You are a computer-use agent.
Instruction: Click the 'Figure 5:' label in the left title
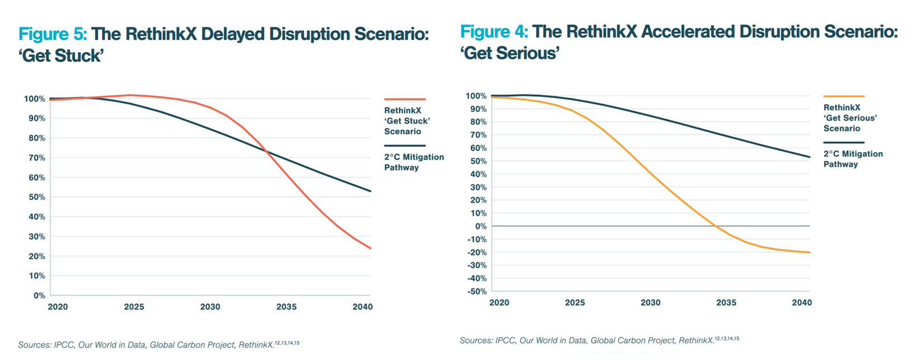tap(53, 34)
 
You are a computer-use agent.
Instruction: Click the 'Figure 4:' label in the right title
tap(494, 32)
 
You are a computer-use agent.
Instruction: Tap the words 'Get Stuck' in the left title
tap(62, 56)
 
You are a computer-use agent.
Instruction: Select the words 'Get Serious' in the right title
tap(510, 54)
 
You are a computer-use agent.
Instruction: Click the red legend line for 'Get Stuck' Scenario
tap(405, 99)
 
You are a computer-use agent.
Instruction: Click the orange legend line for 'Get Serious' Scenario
tap(843, 96)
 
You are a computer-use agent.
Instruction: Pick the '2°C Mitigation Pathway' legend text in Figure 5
tap(414, 162)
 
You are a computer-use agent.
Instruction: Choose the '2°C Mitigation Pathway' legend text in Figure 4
tap(852, 159)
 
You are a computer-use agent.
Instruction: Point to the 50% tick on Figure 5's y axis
tap(34, 197)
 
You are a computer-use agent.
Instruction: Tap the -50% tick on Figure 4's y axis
tap(477, 291)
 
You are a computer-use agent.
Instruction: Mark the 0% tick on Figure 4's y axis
tap(481, 226)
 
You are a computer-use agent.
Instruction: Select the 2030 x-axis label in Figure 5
tap(210, 307)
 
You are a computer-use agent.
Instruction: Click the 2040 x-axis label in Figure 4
tap(801, 302)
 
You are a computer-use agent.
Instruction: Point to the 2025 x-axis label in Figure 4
tap(575, 302)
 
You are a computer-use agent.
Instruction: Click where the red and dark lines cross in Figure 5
tap(266, 151)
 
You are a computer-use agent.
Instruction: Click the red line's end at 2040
tap(371, 248)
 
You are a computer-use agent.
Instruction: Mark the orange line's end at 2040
tap(809, 252)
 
